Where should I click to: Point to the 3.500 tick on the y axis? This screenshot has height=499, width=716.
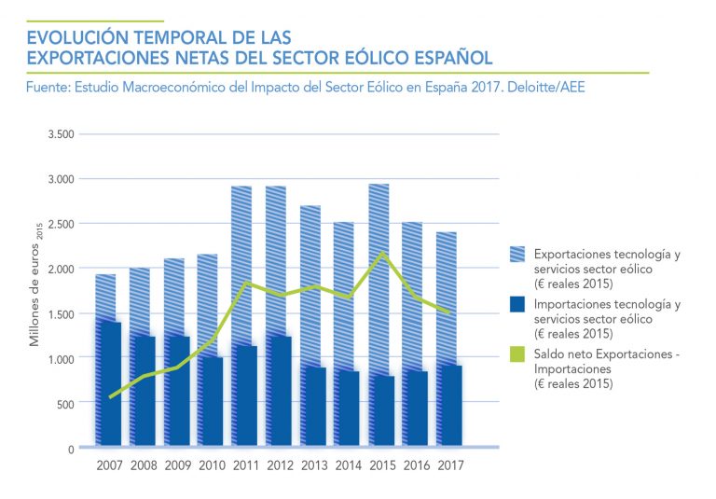[61, 133]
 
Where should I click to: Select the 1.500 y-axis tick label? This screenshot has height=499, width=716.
[61, 313]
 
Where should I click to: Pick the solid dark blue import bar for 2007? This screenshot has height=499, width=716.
[110, 384]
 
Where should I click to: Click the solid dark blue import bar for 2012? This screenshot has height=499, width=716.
[279, 392]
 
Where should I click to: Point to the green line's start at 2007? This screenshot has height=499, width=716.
[110, 397]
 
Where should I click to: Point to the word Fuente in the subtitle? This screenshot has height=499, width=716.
[49, 86]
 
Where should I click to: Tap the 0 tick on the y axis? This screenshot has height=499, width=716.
[70, 449]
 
